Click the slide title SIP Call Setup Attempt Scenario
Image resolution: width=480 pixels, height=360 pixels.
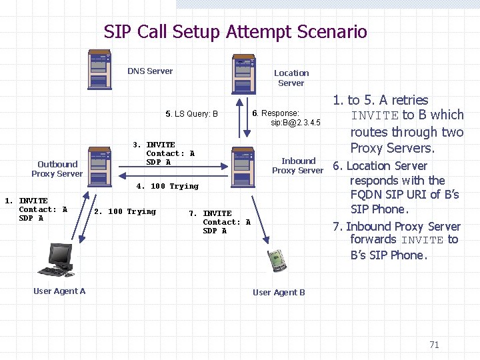(x=235, y=31)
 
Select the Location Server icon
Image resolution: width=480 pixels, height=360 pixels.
(x=241, y=76)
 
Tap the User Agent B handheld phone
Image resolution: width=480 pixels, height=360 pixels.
(x=277, y=261)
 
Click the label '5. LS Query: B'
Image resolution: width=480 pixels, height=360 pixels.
(x=191, y=114)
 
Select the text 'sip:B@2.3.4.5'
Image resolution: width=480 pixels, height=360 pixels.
(x=295, y=123)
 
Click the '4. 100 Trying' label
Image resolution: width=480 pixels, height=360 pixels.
(x=167, y=186)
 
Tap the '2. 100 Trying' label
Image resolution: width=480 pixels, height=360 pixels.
(x=125, y=211)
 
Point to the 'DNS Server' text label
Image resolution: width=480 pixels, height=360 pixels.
(x=150, y=71)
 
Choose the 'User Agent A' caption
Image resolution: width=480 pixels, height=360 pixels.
(x=59, y=291)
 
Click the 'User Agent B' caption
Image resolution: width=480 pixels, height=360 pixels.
(x=279, y=292)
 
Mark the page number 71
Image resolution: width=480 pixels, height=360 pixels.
(x=434, y=345)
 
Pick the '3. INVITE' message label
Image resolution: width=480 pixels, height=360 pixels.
(x=154, y=145)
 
